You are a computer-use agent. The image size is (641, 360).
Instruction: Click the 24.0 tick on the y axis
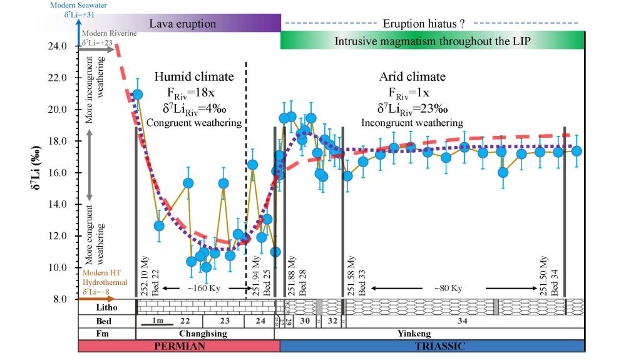(57, 46)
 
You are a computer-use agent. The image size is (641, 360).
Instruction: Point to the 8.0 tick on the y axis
(60, 299)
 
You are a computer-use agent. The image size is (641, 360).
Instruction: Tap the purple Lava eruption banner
(182, 24)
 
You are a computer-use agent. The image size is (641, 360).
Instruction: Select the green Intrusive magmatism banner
(432, 41)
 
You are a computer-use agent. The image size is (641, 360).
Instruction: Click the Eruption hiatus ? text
(423, 24)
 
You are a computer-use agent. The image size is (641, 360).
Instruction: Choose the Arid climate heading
(412, 77)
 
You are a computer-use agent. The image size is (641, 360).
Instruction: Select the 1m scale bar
(150, 322)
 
